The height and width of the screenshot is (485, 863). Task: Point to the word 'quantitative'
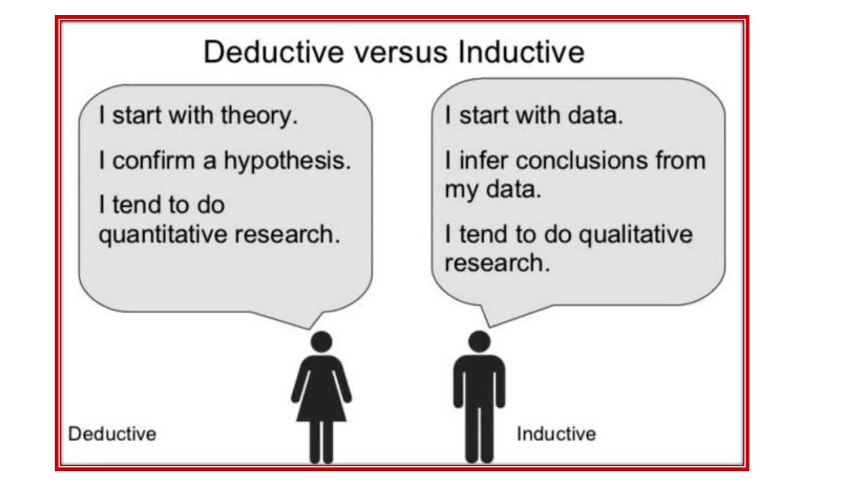[164, 235]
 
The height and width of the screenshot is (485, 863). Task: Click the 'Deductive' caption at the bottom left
[112, 434]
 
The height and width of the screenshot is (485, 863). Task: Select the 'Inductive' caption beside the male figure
[556, 434]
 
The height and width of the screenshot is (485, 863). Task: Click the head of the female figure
[322, 341]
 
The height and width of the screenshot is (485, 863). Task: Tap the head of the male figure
[480, 341]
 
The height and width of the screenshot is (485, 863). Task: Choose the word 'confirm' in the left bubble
[153, 161]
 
